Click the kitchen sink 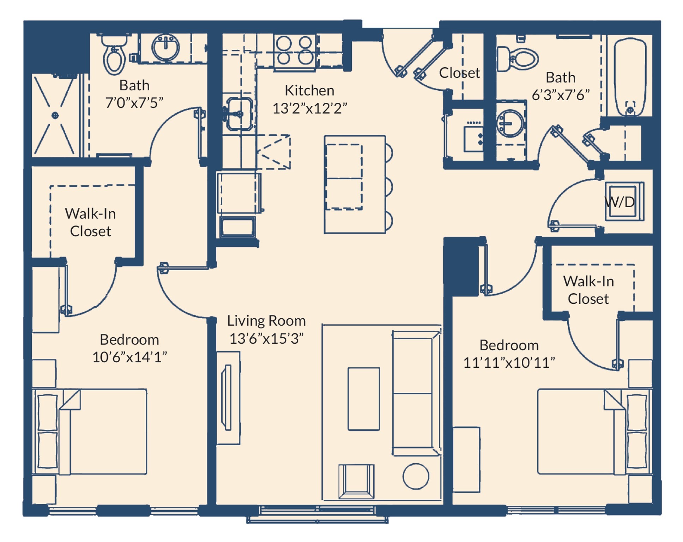[x=239, y=114]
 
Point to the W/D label [x=619, y=202]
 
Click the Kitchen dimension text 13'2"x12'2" [x=309, y=108]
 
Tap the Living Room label [x=266, y=320]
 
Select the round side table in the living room [x=416, y=476]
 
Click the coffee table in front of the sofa [x=363, y=399]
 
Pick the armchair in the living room [x=356, y=481]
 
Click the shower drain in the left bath [x=55, y=115]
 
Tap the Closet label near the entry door [x=459, y=73]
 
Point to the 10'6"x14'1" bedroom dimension [x=129, y=357]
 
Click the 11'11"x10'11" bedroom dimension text [x=509, y=363]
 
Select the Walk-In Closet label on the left [x=90, y=222]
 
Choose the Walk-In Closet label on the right [x=588, y=290]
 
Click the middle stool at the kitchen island [x=389, y=187]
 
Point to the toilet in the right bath [x=517, y=59]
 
